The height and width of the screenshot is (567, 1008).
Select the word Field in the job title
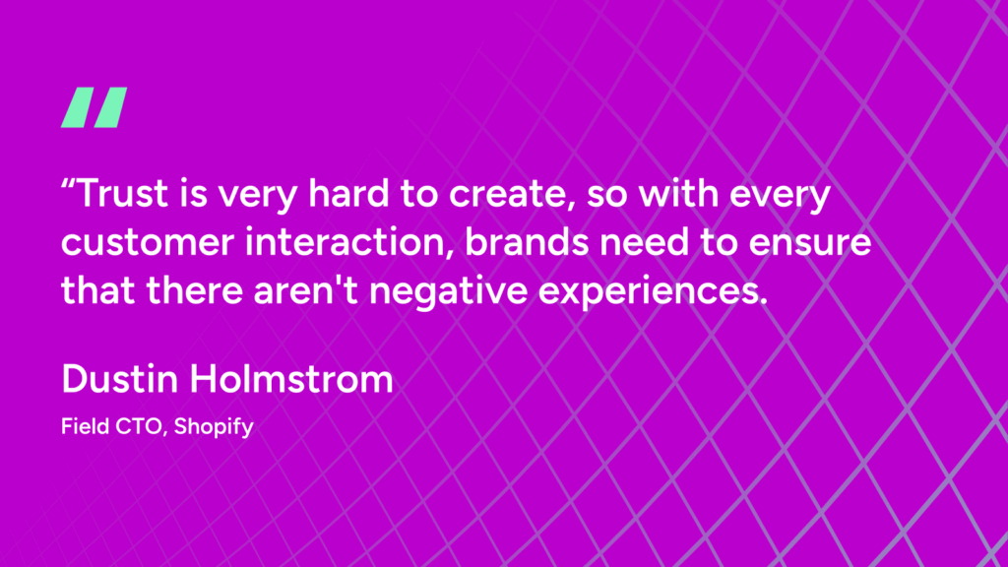tap(82, 428)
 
